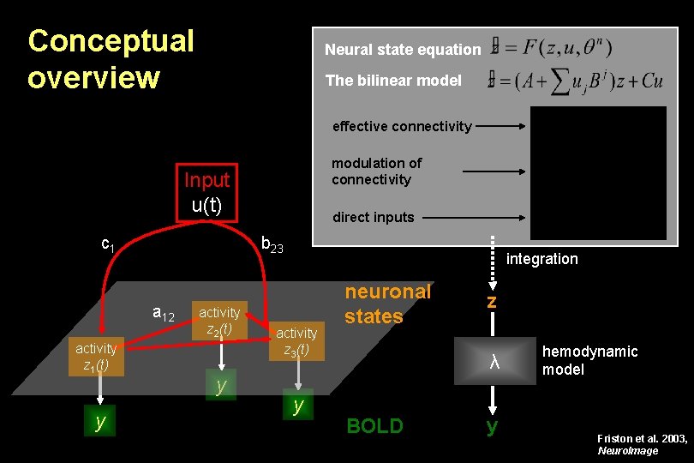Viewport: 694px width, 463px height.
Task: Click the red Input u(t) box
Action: [x=206, y=193]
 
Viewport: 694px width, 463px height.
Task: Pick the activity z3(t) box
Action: [x=296, y=340]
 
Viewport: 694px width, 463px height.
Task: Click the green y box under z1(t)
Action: [x=100, y=420]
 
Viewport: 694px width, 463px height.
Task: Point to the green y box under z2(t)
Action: [x=221, y=385]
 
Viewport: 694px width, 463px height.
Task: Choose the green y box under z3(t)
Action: [x=298, y=406]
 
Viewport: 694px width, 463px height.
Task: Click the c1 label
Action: [x=108, y=244]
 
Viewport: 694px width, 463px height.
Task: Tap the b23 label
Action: [x=272, y=247]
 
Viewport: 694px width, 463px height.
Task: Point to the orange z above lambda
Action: [x=491, y=303]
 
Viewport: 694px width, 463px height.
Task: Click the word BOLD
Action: [x=374, y=426]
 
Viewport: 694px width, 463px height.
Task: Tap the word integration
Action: [x=542, y=259]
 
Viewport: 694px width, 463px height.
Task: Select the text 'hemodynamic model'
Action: [x=589, y=360]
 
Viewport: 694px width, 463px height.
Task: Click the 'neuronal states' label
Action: [x=387, y=304]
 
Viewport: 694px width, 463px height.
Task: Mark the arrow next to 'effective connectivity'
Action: [x=501, y=126]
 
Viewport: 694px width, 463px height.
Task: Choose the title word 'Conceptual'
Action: [x=111, y=40]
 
